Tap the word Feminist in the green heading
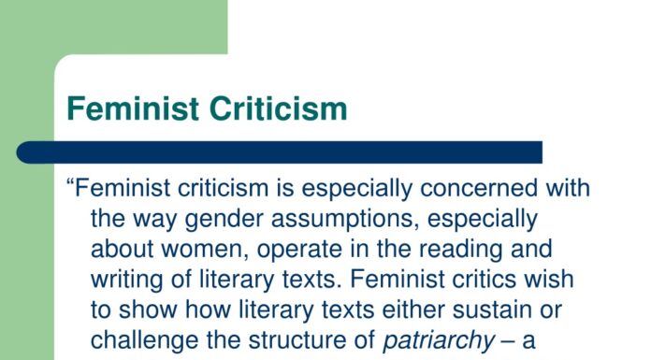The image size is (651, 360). click(132, 108)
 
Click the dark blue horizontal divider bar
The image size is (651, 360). click(281, 152)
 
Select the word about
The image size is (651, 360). click(123, 250)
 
